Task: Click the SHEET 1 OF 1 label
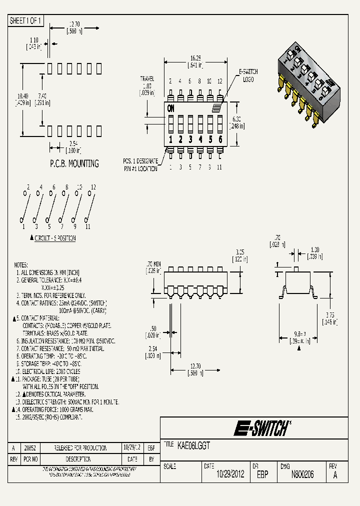point(26,20)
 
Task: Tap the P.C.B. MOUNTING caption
point(74,163)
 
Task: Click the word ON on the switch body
point(171,108)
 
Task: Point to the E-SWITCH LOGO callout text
point(248,75)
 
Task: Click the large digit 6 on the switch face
point(220,139)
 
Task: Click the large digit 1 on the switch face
point(171,139)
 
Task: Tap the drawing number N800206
point(302,474)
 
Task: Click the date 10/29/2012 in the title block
point(230,474)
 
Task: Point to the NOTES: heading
point(21,265)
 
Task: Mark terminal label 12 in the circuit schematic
point(92,187)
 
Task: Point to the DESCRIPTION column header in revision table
point(78,458)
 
